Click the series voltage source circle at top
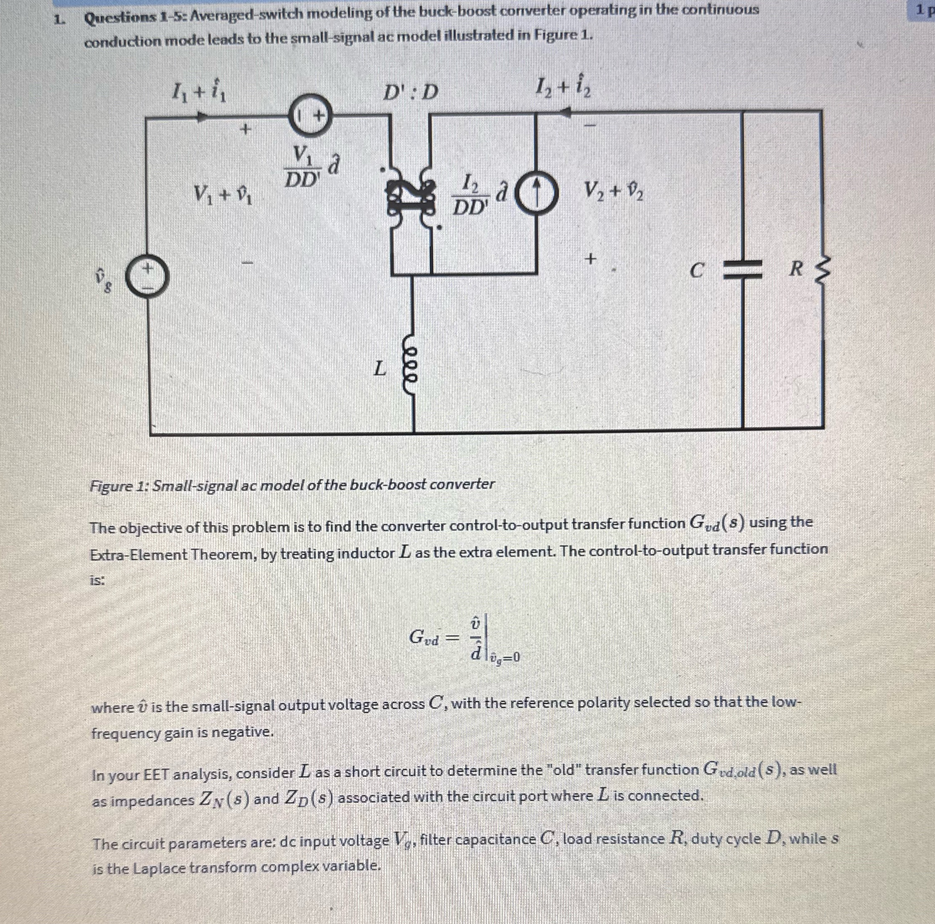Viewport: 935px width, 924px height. tap(313, 115)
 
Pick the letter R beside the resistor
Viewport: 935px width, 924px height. tap(796, 269)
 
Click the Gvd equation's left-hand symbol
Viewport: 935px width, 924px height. tap(424, 637)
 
